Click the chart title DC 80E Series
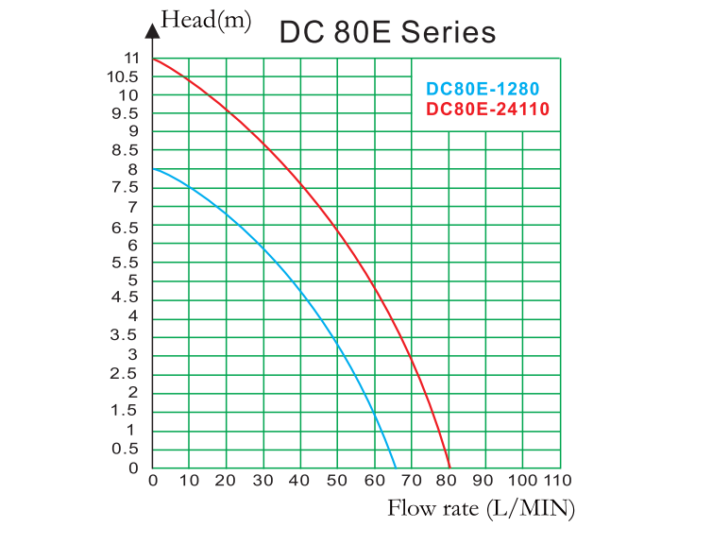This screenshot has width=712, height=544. (x=387, y=32)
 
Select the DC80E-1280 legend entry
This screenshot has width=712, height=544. (x=483, y=90)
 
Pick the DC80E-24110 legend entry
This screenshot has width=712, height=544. (x=487, y=109)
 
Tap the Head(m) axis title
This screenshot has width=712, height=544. (x=206, y=20)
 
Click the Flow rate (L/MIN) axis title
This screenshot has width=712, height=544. (x=481, y=509)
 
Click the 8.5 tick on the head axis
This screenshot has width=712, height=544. (x=127, y=150)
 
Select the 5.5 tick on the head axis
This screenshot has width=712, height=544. (x=127, y=263)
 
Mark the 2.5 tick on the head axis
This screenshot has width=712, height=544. (x=127, y=374)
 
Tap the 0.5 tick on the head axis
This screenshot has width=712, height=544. (x=127, y=449)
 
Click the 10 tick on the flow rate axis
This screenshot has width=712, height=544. (x=190, y=480)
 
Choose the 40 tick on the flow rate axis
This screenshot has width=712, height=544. (x=301, y=480)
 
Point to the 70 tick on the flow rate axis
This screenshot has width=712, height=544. (x=413, y=480)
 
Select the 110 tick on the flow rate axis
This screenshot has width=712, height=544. (x=559, y=480)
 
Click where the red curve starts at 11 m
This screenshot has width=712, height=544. (x=154, y=59)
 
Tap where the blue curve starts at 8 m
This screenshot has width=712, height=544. (x=154, y=169)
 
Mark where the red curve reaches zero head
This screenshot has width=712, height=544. (x=450, y=467)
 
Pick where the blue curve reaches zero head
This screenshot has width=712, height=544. (x=395, y=467)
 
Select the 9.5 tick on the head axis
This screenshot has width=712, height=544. (x=127, y=113)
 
